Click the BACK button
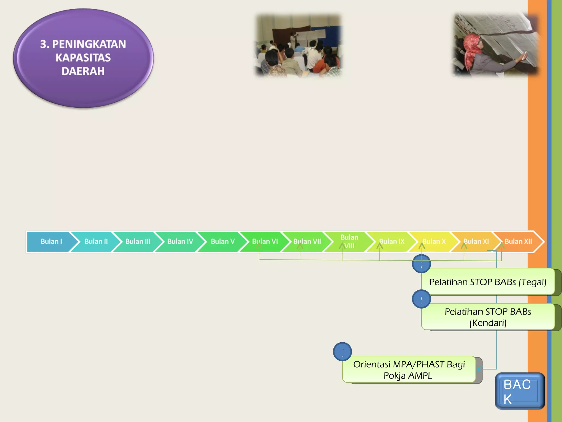pos(519,391)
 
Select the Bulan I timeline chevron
pos(51,241)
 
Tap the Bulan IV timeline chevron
pos(180,241)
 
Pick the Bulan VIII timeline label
pos(349,241)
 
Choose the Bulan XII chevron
pos(518,241)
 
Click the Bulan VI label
pos(265,241)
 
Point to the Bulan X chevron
pos(434,241)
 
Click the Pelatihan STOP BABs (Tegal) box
pos(488,282)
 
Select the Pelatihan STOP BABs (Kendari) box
pos(488,317)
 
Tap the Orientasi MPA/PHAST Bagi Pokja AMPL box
pos(409,370)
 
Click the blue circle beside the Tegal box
pos(421,264)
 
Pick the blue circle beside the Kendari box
pos(421,299)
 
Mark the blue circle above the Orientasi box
pos(342,352)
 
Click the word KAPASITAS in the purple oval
pos(83,58)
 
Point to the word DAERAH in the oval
pos(83,71)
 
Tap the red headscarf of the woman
pos(471,48)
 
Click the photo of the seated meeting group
pos(299,45)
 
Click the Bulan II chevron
pos(96,241)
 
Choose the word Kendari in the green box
pos(488,323)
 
